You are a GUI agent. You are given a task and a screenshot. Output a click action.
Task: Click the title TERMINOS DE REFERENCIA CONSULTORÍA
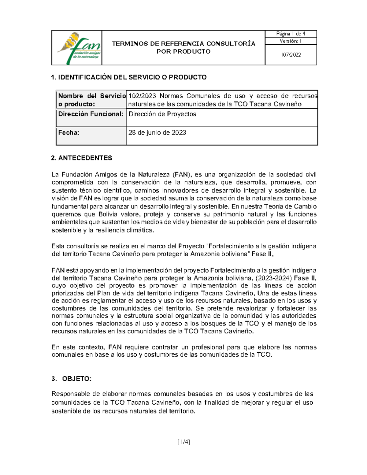183,43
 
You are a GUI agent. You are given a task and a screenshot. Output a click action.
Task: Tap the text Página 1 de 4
291,34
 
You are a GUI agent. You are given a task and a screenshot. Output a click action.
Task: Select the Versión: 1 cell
291,41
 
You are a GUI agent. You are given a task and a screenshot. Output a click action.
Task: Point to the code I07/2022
291,55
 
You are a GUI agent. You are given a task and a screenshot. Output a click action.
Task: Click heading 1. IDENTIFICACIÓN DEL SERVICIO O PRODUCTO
129,77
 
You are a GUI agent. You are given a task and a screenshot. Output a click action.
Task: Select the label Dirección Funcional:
91,114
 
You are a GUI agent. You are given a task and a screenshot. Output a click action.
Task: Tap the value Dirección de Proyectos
162,114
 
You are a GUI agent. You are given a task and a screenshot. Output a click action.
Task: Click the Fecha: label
69,132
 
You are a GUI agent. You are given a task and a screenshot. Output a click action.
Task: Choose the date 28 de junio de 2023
157,132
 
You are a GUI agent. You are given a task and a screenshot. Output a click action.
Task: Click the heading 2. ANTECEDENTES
82,158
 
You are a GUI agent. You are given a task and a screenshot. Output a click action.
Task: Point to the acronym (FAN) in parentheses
183,174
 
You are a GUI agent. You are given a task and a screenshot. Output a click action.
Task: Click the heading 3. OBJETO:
72,379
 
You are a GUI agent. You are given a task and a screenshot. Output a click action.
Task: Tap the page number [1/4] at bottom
183,442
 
